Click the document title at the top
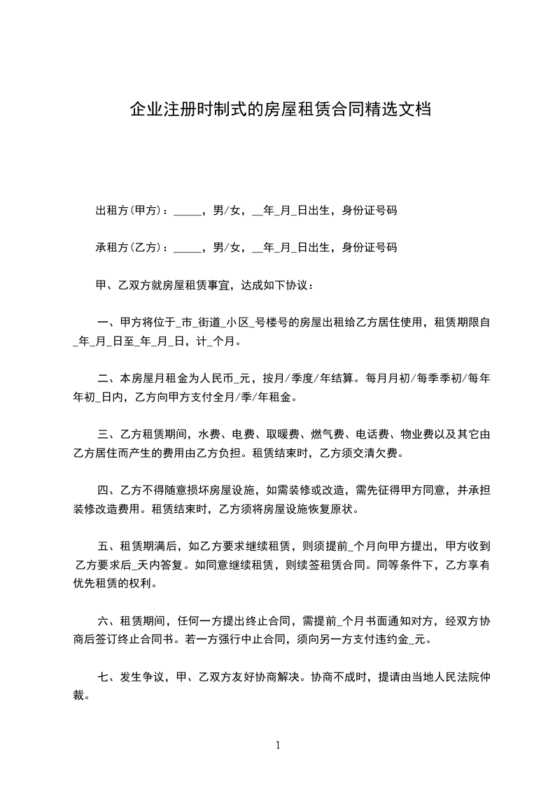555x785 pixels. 279,109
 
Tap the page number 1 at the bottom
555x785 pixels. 278,745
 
